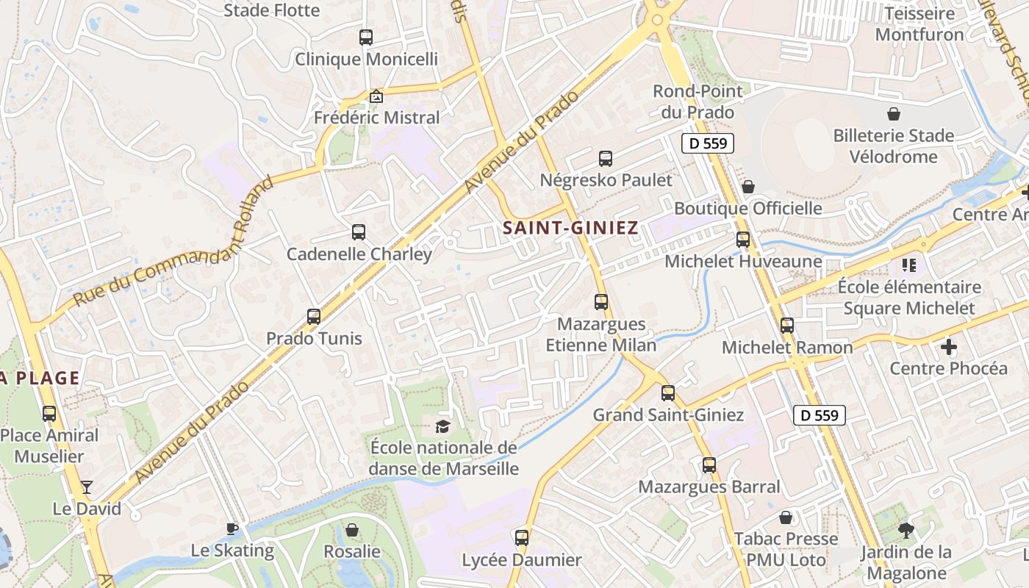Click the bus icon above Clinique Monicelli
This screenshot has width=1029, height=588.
tap(365, 37)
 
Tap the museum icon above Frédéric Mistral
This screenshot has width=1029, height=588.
tap(376, 96)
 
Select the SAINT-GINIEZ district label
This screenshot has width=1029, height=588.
tap(570, 229)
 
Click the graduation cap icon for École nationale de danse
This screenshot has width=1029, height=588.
tap(442, 426)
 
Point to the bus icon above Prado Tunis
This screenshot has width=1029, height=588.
tap(314, 317)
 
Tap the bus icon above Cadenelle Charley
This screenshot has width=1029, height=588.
tap(359, 232)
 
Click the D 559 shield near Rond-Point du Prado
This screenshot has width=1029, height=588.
tap(709, 143)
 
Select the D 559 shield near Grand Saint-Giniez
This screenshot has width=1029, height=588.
tap(820, 415)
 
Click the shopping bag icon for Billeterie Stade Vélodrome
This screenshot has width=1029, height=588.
tap(894, 114)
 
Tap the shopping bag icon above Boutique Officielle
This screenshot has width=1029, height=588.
tap(748, 187)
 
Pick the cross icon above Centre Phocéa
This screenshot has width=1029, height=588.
tap(949, 346)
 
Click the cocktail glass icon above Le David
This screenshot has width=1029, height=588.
tap(87, 487)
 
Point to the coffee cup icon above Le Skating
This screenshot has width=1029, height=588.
tap(232, 528)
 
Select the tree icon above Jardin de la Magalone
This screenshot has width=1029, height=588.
tap(906, 530)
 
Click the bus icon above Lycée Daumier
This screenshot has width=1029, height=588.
tap(522, 538)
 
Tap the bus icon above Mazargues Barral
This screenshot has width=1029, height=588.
tap(709, 465)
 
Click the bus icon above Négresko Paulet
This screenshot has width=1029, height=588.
tap(606, 158)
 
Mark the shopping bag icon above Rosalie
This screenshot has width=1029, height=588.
tap(352, 530)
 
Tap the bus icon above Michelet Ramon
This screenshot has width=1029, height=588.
tap(787, 326)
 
